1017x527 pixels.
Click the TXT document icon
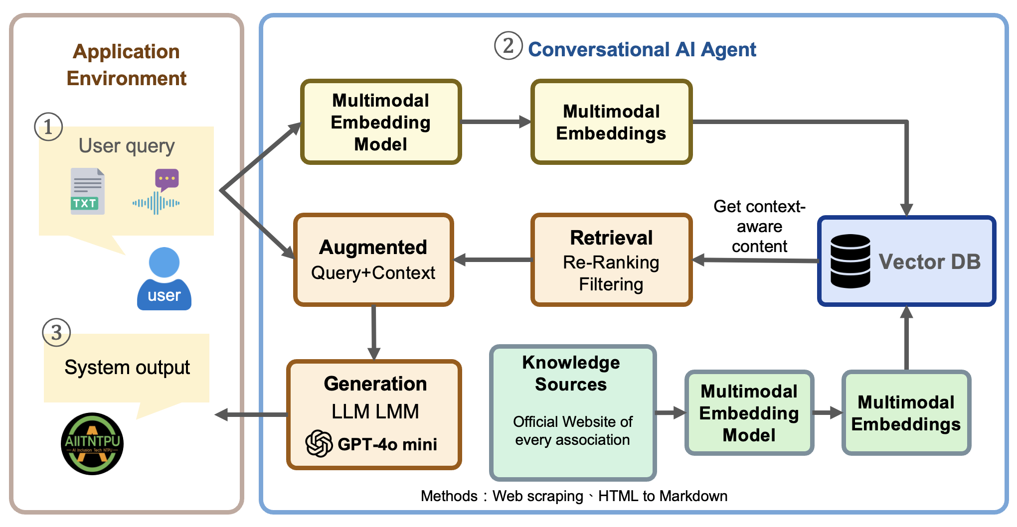click(x=88, y=192)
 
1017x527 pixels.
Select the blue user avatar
click(x=164, y=279)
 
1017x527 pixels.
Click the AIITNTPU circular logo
click(x=92, y=443)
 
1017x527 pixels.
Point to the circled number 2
click(x=508, y=46)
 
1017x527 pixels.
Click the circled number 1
click(x=48, y=127)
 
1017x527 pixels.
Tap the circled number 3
click(x=56, y=333)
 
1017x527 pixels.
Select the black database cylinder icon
click(x=850, y=261)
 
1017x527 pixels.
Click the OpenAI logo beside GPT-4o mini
click(x=319, y=443)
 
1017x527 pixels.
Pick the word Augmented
click(x=373, y=247)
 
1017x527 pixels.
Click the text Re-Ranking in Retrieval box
click(x=611, y=262)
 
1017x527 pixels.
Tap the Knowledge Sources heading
click(x=571, y=373)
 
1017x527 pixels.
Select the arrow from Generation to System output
click(x=252, y=414)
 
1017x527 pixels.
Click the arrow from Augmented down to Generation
click(x=373, y=331)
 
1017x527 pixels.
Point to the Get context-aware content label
click(x=759, y=226)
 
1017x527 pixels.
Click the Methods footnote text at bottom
click(x=574, y=496)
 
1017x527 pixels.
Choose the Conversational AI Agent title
click(x=642, y=49)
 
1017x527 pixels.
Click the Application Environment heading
click(x=127, y=65)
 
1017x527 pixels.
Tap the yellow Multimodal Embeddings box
click(x=611, y=122)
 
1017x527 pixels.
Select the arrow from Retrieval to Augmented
click(x=493, y=260)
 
